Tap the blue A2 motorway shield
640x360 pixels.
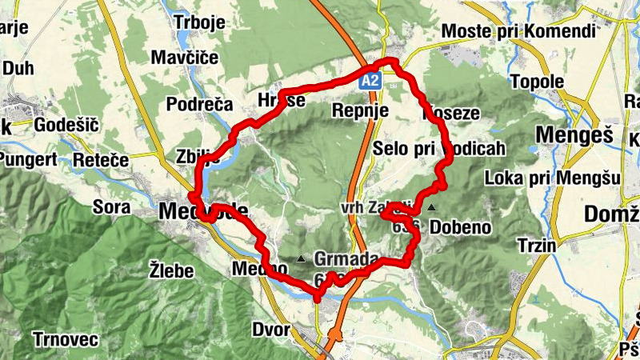369,81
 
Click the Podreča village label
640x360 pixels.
199,104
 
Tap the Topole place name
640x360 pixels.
538,82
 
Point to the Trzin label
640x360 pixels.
536,245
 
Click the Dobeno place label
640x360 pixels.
460,227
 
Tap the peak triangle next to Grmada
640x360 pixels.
301,258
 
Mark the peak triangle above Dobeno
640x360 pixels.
432,208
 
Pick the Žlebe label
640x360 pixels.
172,270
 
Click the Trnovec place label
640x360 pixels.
66,339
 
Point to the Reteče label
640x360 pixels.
101,160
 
